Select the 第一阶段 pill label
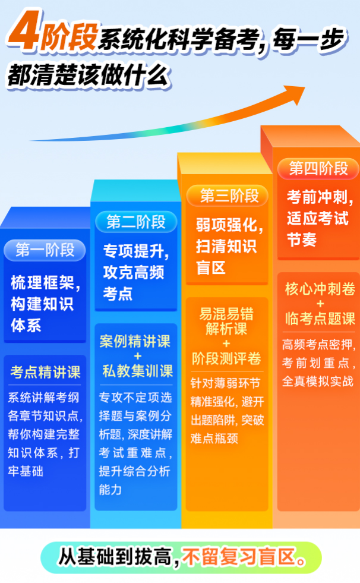click(x=45, y=250)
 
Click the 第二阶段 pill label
click(x=136, y=222)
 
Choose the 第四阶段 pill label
click(x=318, y=168)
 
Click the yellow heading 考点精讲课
click(x=45, y=373)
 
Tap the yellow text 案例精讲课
click(x=135, y=342)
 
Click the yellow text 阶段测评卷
click(x=226, y=358)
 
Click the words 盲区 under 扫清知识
click(x=211, y=267)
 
